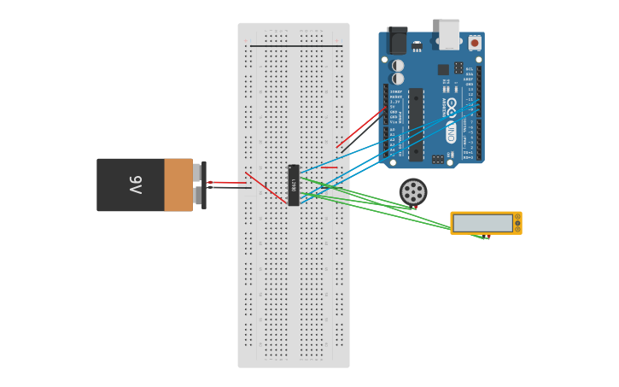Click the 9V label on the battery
click(x=135, y=185)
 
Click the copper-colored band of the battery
click(x=178, y=185)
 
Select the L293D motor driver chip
click(x=294, y=185)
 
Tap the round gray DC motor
click(x=413, y=191)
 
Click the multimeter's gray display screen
click(x=482, y=223)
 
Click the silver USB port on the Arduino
click(x=449, y=33)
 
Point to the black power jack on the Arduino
click(x=397, y=40)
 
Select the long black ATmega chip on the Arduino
click(x=416, y=124)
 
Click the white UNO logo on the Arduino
click(x=451, y=132)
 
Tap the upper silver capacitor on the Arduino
click(x=398, y=65)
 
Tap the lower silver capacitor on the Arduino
click(x=398, y=79)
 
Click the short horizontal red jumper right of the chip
click(x=329, y=167)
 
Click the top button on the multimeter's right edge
click(x=517, y=217)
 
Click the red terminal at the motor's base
click(x=415, y=207)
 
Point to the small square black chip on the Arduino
click(x=443, y=69)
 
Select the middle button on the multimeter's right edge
click(x=517, y=223)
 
